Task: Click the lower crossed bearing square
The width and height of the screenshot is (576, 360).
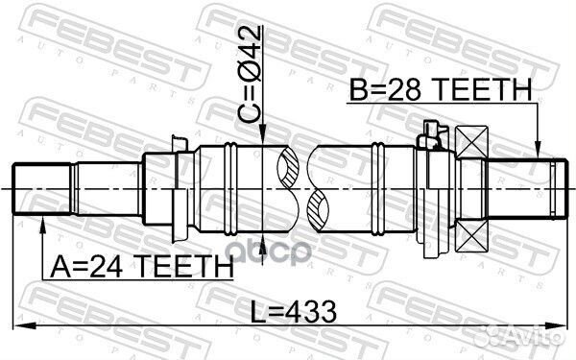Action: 473,233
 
